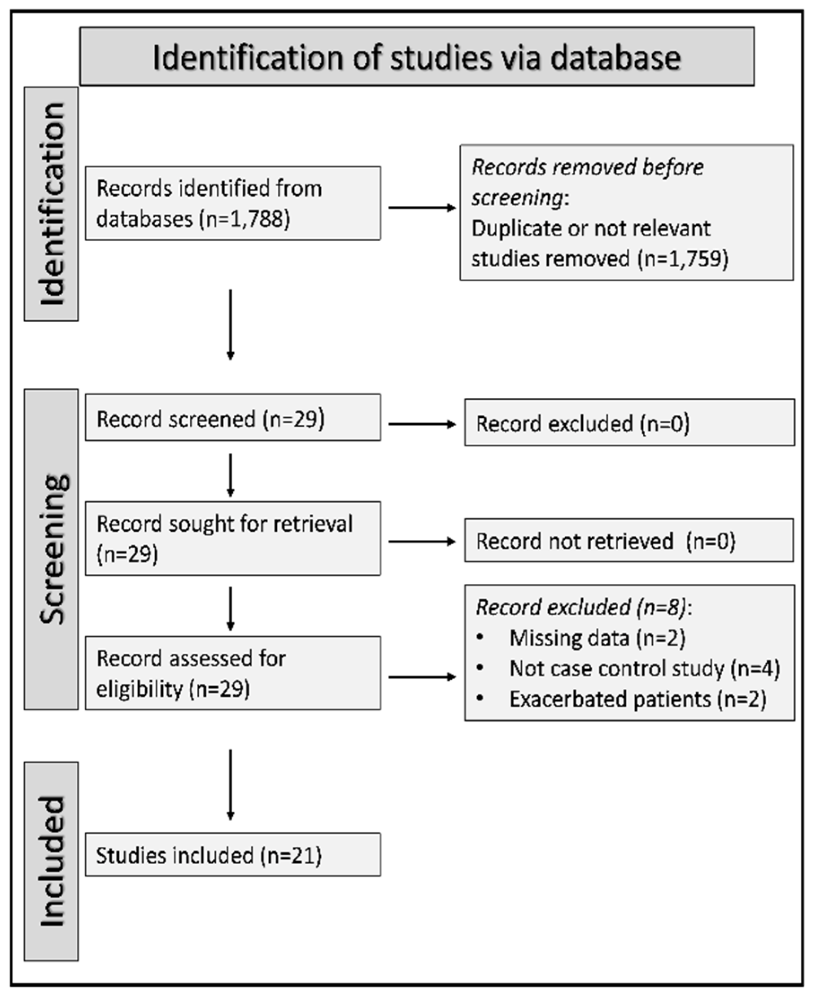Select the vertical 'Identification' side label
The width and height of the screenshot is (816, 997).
52,204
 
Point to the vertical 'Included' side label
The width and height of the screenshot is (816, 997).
52,861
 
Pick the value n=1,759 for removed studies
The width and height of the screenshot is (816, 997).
683,258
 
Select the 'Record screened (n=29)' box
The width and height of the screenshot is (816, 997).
232,418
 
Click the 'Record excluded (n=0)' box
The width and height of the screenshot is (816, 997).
629,423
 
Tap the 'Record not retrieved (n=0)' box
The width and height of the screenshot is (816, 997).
629,541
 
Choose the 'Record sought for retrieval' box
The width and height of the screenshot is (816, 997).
232,538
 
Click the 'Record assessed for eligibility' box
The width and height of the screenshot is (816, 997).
232,673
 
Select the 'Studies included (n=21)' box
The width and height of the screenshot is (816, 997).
232,855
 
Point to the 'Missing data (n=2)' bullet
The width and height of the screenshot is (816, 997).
597,638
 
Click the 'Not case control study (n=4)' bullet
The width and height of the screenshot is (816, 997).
644,669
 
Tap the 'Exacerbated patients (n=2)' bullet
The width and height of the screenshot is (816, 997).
637,699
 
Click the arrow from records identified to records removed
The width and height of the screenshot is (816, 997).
421,208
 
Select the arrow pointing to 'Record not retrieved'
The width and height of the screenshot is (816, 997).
421,542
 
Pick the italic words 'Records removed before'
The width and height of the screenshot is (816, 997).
588,167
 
